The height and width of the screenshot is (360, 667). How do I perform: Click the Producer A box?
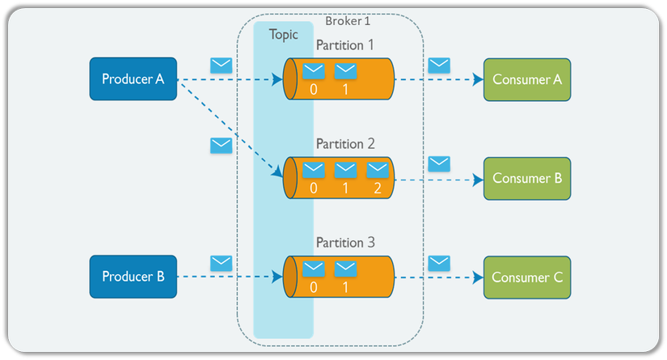pos(133,79)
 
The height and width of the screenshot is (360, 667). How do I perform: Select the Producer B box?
pos(133,277)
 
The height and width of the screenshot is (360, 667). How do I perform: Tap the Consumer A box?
pos(527,79)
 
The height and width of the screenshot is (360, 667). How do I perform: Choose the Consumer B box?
pos(527,178)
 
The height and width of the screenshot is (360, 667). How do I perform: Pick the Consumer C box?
pos(527,277)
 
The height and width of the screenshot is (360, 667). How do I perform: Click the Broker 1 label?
pos(348,21)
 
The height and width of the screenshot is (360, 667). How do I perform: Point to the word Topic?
pos(283,35)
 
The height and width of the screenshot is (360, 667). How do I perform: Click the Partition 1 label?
pos(345,45)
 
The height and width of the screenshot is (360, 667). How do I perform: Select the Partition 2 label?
pos(345,144)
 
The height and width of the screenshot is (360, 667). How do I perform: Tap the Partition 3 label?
pos(345,242)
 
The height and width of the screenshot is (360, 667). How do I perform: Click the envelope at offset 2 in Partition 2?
pos(378,169)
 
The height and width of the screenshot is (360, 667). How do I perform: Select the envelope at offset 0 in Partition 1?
pos(314,70)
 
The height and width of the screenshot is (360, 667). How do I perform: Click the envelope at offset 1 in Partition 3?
pos(346,268)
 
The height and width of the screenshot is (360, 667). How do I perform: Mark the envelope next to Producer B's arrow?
pos(221,263)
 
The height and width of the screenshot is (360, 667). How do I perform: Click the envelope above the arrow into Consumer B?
pos(439,164)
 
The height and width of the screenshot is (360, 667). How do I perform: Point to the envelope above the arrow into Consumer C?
pos(439,263)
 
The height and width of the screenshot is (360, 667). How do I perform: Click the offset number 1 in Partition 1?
pos(346,88)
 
